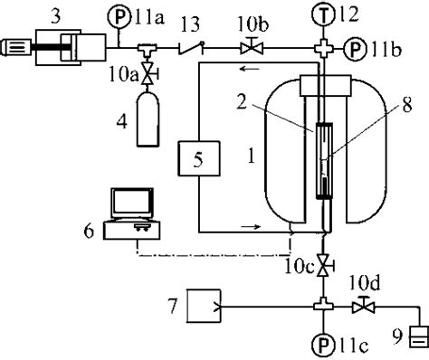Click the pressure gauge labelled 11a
pyautogui.click(x=124, y=15)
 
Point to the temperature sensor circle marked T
pyautogui.click(x=323, y=12)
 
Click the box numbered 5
pyautogui.click(x=196, y=162)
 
